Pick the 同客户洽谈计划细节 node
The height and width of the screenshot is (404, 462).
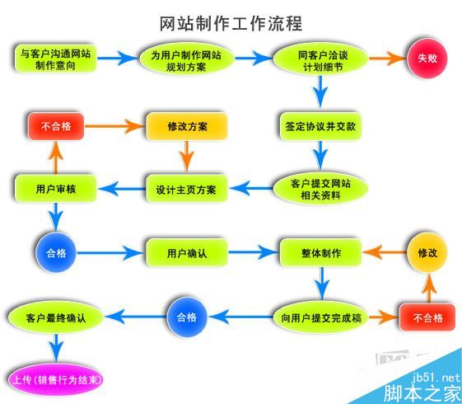[x=320, y=59]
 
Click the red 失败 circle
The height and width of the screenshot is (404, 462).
[x=426, y=59]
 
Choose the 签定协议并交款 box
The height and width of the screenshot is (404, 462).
[x=320, y=127]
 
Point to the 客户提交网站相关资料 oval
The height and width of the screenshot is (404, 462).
[x=320, y=189]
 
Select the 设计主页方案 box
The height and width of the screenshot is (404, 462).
[x=186, y=189]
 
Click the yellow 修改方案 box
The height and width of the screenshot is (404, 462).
[x=186, y=127]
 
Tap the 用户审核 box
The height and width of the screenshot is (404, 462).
[x=56, y=189]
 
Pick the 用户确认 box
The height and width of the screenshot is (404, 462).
[x=186, y=252]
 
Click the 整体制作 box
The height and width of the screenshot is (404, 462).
[x=321, y=252]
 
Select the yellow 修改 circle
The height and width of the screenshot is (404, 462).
[x=427, y=252]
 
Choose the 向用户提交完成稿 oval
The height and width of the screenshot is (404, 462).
[x=320, y=317]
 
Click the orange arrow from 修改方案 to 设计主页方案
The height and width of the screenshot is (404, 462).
[x=187, y=157]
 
